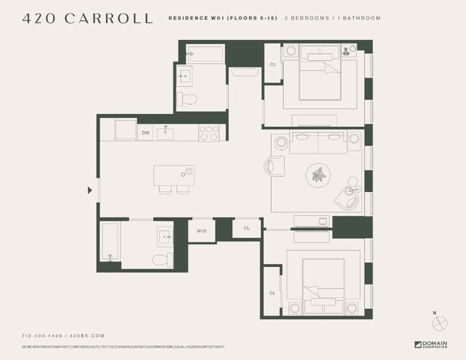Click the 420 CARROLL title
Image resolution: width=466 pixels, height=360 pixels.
coord(87,19)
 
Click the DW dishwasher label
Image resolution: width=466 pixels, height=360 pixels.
coord(146,133)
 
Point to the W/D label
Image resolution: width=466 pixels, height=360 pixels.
coord(201,230)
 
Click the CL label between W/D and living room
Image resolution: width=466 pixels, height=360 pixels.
coord(246,228)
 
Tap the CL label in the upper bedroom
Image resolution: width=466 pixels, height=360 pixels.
coord(272,65)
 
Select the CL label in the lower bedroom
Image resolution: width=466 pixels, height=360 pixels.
coord(272,293)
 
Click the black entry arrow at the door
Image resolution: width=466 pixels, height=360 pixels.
coord(90,190)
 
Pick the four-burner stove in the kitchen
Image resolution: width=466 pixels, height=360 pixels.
coord(209,133)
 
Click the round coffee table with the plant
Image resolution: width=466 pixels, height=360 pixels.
coord(317,174)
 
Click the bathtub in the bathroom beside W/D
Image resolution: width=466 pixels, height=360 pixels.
coord(109,242)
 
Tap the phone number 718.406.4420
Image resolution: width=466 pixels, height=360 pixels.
coord(42,336)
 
